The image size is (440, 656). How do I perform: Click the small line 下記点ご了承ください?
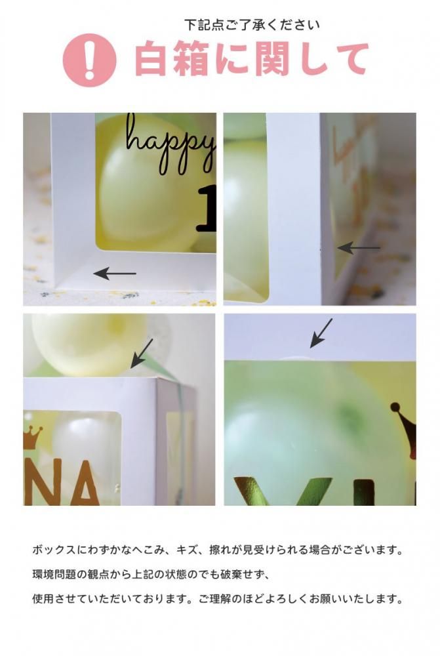pos(252,25)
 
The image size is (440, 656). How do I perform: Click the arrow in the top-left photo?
pos(115,274)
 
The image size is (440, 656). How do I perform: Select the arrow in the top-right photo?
pos(359,248)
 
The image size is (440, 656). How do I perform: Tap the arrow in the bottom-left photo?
pos(142,354)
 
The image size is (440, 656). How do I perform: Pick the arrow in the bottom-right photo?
pos(321,333)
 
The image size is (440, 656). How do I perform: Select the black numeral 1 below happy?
pos(207,209)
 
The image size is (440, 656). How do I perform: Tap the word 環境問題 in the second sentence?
pos(54,575)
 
